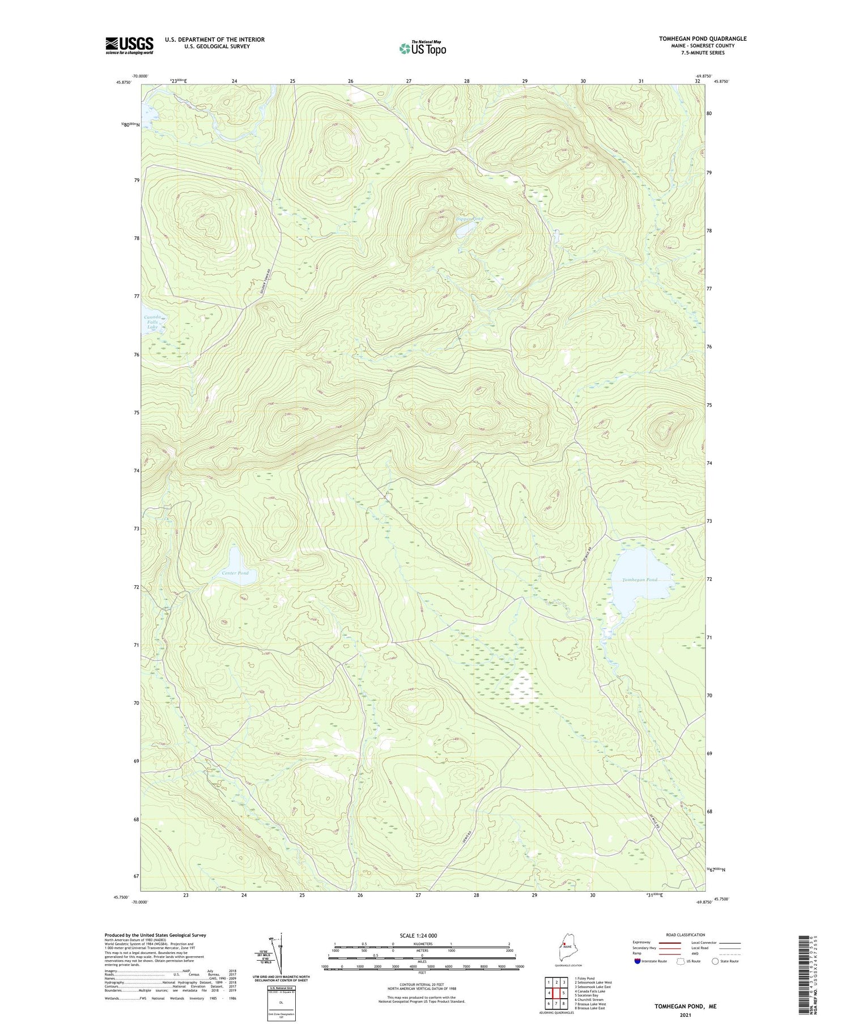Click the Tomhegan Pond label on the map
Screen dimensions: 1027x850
click(x=640, y=580)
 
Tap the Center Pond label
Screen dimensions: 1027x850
click(x=235, y=573)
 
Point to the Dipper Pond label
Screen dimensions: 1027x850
click(x=470, y=219)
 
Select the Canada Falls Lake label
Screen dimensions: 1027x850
click(x=152, y=322)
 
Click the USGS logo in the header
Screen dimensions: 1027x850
click(x=129, y=45)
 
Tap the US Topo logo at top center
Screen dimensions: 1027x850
click(x=422, y=48)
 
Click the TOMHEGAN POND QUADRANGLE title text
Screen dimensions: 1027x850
click(x=702, y=39)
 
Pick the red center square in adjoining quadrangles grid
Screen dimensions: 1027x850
click(x=556, y=993)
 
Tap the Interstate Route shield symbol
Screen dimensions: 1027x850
click(x=637, y=961)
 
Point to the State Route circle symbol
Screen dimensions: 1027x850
click(x=716, y=961)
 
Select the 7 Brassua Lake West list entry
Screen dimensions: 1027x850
click(x=590, y=1004)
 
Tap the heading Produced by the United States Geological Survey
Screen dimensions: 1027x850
click(x=155, y=935)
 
